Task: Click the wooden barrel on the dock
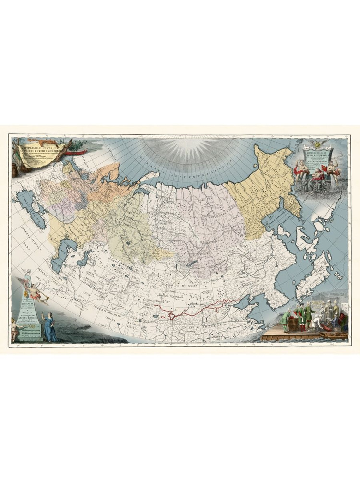[x=293, y=324]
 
